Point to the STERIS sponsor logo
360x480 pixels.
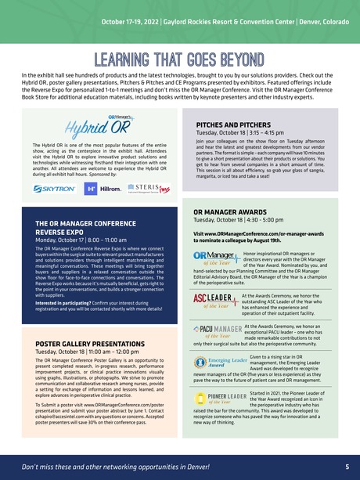pos(148,189)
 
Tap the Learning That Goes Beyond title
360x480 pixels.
pos(179,60)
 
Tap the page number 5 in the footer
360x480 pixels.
pos(346,467)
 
